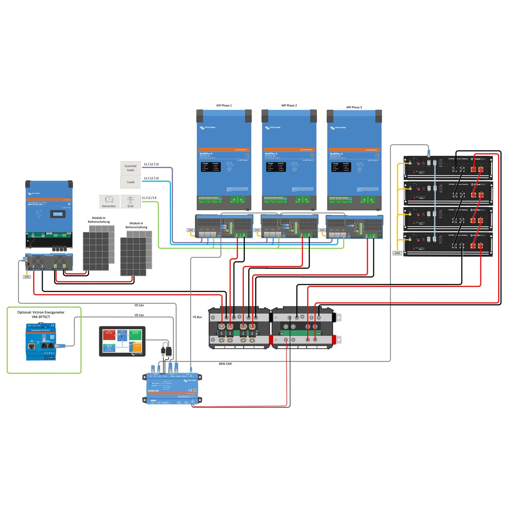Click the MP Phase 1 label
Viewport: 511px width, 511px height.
coord(224,105)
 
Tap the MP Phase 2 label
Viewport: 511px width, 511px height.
coord(289,105)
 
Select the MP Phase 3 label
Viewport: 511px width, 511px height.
coord(354,107)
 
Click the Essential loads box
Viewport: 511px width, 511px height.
coord(130,168)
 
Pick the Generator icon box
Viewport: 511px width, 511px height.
coord(109,201)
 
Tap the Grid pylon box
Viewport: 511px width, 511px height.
coord(130,201)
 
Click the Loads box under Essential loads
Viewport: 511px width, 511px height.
coord(130,182)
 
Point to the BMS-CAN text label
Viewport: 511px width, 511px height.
coord(225,364)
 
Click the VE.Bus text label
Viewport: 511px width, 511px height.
coord(197,317)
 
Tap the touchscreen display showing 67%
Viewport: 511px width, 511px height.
coord(122,341)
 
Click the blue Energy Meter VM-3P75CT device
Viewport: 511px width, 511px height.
coord(41,342)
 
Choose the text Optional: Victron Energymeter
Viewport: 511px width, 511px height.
coord(41,312)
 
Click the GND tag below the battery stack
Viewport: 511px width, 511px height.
coord(397,253)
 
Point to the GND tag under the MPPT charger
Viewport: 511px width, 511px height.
coord(27,277)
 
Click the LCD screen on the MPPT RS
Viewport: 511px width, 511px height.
coord(58,214)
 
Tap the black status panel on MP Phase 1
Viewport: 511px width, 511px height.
coord(211,167)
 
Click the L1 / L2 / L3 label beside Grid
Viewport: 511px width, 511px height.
coord(149,198)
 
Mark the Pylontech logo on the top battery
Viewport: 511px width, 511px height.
coord(478,159)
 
